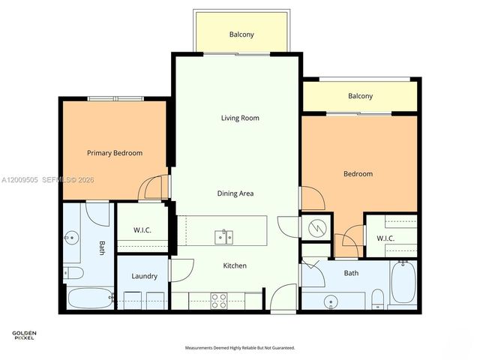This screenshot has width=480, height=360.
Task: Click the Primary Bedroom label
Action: [115, 153]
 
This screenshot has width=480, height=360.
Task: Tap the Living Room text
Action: [240, 118]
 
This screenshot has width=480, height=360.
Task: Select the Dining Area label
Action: [235, 193]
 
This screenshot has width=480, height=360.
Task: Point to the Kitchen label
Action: [235, 265]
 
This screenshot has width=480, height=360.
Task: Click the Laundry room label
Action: [144, 276]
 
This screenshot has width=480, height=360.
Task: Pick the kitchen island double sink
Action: [224, 237]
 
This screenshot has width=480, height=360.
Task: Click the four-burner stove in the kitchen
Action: [219, 300]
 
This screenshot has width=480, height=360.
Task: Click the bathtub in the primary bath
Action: [88, 298]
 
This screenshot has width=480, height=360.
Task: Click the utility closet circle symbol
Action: [317, 226]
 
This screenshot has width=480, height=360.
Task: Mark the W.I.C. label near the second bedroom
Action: [385, 238]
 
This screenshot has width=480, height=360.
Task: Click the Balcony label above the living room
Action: [241, 34]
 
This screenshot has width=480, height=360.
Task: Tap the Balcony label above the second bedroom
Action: [360, 96]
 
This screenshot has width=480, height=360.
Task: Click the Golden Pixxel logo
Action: [24, 335]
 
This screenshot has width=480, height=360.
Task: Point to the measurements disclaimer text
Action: [240, 348]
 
